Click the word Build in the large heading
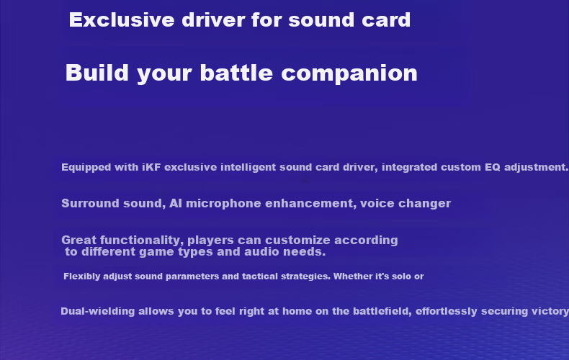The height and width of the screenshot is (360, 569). [x=97, y=73]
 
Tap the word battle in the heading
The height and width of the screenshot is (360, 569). [x=236, y=73]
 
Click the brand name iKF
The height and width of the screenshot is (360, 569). [x=151, y=167]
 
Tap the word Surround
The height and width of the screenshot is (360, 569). [x=90, y=203]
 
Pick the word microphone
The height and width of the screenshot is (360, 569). [x=223, y=204]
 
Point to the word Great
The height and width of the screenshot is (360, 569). [x=79, y=240]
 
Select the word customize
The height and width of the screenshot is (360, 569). [x=297, y=240]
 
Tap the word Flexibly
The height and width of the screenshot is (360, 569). [x=82, y=276]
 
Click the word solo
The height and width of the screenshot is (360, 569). [x=401, y=276]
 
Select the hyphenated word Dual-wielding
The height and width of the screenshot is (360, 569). [x=98, y=311]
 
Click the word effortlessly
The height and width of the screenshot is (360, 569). [x=447, y=311]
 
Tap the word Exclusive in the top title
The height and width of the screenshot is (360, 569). [x=122, y=20]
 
